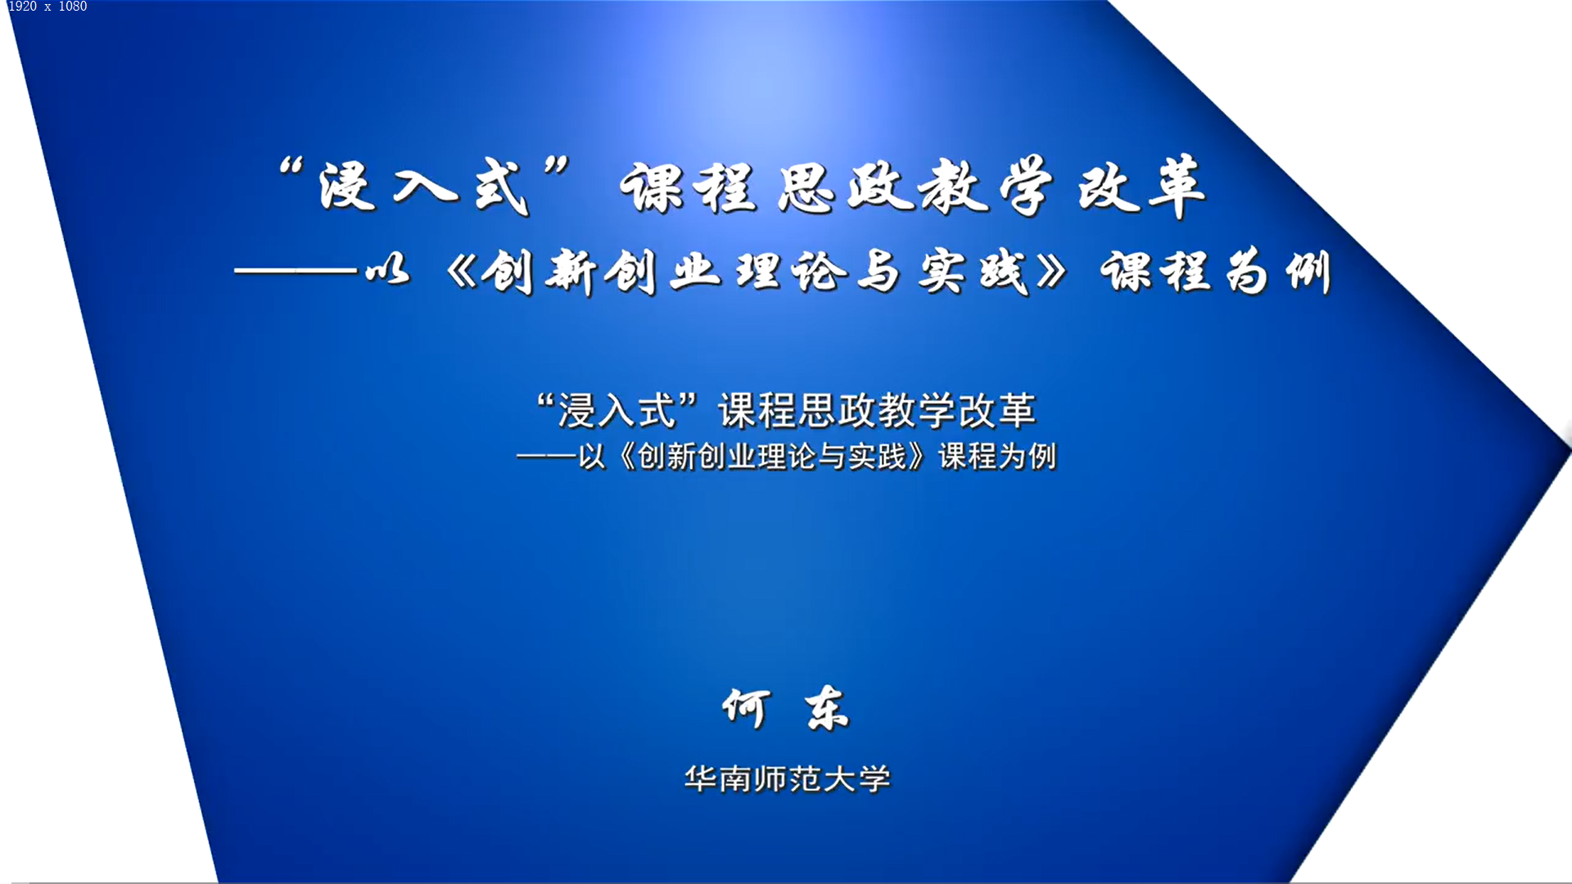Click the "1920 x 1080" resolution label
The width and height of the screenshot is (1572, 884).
pyautogui.click(x=47, y=7)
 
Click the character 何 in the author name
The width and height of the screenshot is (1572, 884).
pyautogui.click(x=746, y=708)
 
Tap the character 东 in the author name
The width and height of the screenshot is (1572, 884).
pyautogui.click(x=827, y=708)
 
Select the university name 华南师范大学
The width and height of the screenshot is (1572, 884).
pyautogui.click(x=787, y=778)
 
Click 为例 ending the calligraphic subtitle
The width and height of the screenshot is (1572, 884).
pyautogui.click(x=1280, y=271)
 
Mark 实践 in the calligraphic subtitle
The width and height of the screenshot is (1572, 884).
pyautogui.click(x=973, y=271)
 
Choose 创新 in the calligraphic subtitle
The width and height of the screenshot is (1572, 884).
pyautogui.click(x=539, y=272)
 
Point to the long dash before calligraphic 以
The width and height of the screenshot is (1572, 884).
pyautogui.click(x=296, y=270)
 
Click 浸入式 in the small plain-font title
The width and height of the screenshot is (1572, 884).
pyautogui.click(x=617, y=410)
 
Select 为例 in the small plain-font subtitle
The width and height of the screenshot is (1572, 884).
pyautogui.click(x=1027, y=456)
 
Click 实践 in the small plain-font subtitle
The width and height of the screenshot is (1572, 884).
pyautogui.click(x=877, y=456)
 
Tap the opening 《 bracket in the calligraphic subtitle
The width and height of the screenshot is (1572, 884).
pyautogui.click(x=461, y=272)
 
